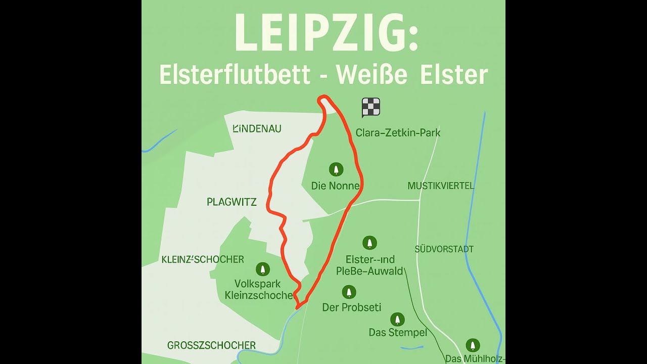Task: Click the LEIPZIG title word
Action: coord(326,33)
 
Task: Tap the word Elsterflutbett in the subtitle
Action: coord(235,75)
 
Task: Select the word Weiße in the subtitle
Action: coord(372,75)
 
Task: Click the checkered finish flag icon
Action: coord(371,107)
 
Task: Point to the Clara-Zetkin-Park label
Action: coord(398,133)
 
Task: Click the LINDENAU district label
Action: coord(257,129)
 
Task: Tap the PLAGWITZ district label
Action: coord(232,202)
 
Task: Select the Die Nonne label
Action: coord(335,186)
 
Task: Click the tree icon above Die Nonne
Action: coord(336,169)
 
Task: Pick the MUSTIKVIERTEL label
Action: coord(441,186)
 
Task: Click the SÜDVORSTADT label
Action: coord(444,249)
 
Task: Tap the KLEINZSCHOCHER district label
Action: coord(202,259)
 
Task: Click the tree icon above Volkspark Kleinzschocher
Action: coord(262,268)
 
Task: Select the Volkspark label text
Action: coord(257,284)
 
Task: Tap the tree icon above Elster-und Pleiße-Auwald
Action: coord(370,243)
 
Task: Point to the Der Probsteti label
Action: coord(351,307)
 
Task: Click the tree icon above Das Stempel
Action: coord(397,319)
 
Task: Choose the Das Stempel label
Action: coord(398,332)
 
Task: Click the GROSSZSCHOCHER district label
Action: coord(211,345)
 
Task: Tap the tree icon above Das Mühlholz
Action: coord(473,345)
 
